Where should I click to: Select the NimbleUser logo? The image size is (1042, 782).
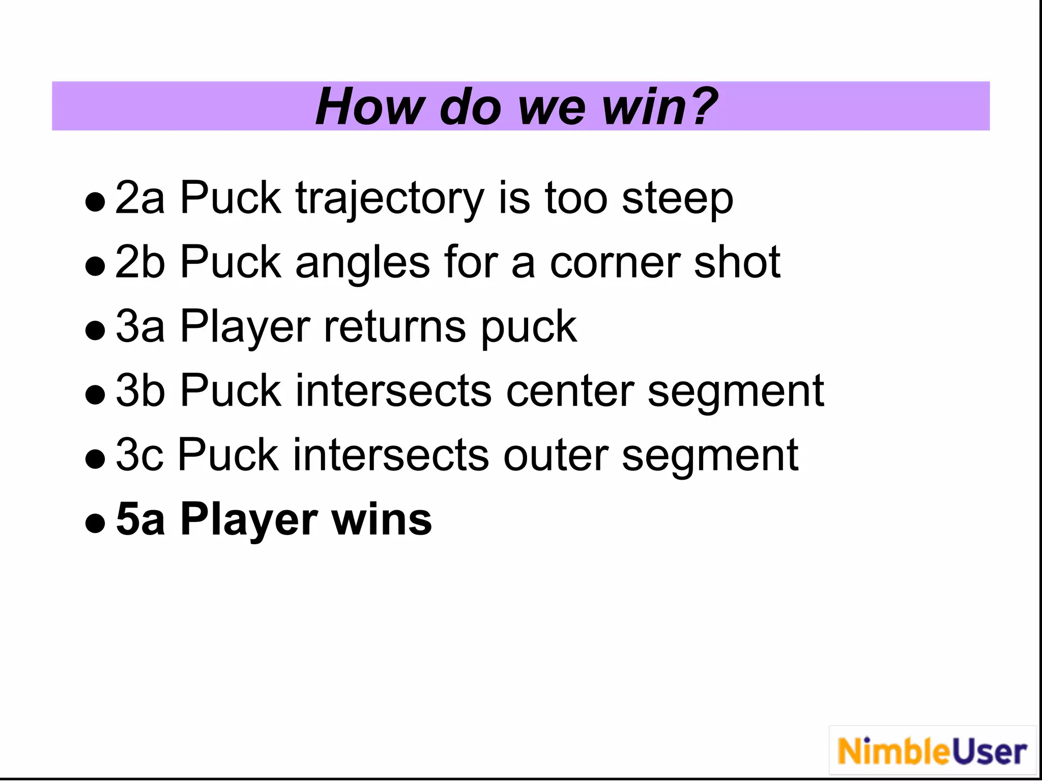[x=932, y=751]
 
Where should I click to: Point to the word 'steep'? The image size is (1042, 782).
[x=677, y=200]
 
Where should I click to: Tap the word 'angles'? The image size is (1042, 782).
[x=363, y=264]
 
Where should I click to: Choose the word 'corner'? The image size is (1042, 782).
[x=614, y=263]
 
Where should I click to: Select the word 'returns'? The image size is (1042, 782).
[x=394, y=327]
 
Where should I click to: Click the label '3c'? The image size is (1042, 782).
[x=139, y=455]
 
